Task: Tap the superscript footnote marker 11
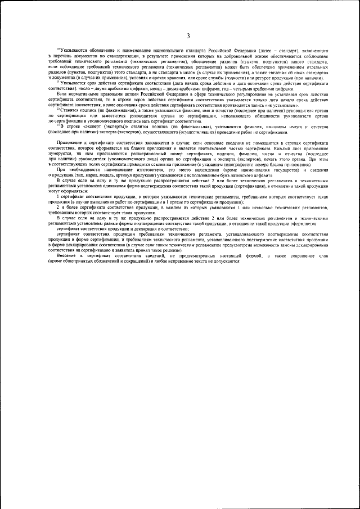click(x=58, y=82)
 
